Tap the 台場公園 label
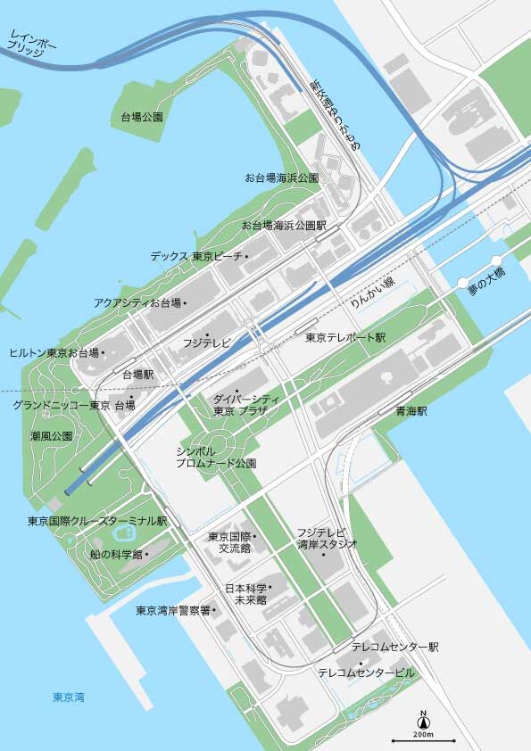(142, 117)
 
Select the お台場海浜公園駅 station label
(284, 226)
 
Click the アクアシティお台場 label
(137, 303)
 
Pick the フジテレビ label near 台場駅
(207, 342)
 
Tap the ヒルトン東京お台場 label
(54, 353)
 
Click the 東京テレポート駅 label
(344, 338)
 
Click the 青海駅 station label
(411, 412)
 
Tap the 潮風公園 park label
(51, 436)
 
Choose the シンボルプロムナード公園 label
(216, 458)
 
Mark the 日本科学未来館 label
(250, 594)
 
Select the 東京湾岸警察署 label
(173, 610)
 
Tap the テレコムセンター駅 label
(394, 647)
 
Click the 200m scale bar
(424, 739)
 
